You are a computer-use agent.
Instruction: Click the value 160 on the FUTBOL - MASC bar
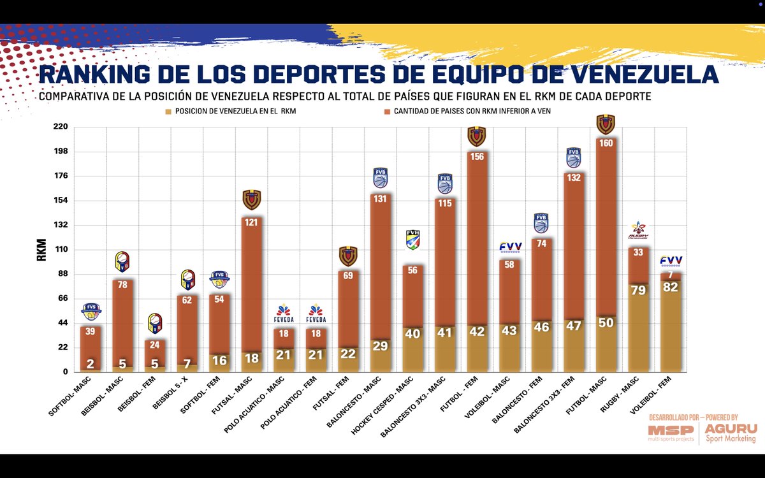[x=606, y=143]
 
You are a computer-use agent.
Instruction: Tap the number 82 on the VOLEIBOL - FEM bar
[x=670, y=288]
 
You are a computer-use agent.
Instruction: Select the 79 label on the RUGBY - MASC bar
[x=637, y=291]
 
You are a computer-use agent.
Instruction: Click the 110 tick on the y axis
[x=62, y=250]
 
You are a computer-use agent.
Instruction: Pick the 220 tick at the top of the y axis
[x=61, y=127]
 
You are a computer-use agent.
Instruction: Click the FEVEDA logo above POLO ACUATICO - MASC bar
[x=284, y=314]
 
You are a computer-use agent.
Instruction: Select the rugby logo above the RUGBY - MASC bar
[x=638, y=230]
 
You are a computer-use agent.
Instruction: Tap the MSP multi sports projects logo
[x=671, y=433]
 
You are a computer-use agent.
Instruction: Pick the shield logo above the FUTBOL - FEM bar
[x=477, y=136]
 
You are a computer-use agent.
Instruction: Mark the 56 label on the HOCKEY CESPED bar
[x=412, y=270]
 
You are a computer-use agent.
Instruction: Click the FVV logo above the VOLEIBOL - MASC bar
[x=509, y=247]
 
